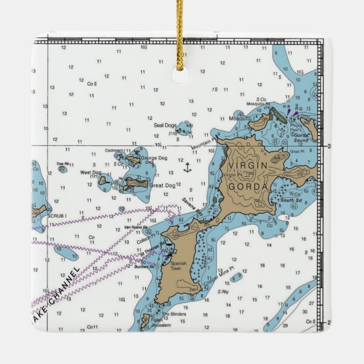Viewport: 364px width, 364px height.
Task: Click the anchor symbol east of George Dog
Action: tap(187, 167)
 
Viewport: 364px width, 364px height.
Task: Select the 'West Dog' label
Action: tap(90, 172)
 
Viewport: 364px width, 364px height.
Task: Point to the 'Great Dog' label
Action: tap(163, 185)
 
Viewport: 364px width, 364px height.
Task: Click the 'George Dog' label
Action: tap(154, 158)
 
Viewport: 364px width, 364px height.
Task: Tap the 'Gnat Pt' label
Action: tap(297, 152)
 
